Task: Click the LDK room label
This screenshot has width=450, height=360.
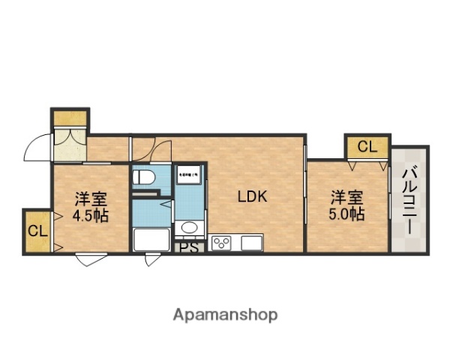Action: click(x=253, y=198)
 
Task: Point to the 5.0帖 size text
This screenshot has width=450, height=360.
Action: click(x=348, y=214)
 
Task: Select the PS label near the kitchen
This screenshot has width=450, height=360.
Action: click(x=189, y=247)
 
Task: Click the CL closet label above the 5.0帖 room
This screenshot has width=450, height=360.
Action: click(x=367, y=147)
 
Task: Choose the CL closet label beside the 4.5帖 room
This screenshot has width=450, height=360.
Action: click(x=37, y=230)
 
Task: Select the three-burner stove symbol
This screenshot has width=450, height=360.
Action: click(x=221, y=242)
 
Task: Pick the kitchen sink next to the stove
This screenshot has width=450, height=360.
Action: click(x=250, y=242)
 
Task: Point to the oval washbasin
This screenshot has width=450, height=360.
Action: click(x=189, y=228)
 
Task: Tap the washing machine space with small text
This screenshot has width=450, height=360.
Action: click(x=188, y=176)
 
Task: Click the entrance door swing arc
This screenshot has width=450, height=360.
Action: click(x=36, y=148)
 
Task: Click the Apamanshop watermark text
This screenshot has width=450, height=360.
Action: click(x=225, y=314)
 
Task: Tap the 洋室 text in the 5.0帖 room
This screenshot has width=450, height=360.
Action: click(x=348, y=198)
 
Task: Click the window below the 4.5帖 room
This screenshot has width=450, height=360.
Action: click(x=90, y=259)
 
